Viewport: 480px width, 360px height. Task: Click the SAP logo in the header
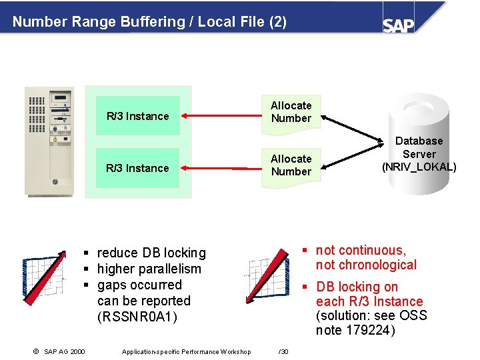399,25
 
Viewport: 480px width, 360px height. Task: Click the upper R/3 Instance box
137,116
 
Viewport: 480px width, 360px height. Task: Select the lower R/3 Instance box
137,168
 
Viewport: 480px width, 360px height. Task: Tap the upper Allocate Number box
291,112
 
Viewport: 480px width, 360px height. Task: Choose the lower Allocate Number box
291,165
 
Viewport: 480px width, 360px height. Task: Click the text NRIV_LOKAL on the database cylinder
419,167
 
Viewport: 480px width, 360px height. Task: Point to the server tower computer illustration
49,141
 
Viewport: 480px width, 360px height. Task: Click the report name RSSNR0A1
138,317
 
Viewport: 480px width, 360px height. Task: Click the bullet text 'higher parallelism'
149,269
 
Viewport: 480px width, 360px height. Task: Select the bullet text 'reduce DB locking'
151,253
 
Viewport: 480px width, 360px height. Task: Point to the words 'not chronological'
366,265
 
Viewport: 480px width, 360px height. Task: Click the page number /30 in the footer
283,352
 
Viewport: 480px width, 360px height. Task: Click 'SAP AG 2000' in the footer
64,352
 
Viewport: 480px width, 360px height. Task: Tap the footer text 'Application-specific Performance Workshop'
186,352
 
